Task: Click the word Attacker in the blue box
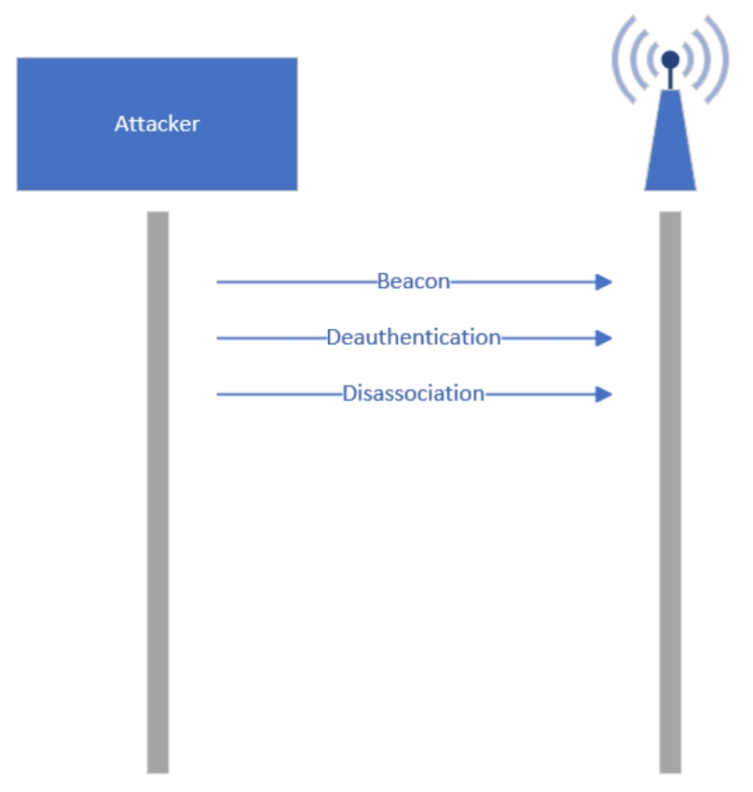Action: pos(157,124)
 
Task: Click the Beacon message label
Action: pos(413,281)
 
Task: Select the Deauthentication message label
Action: pos(414,337)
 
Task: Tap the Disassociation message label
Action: pos(414,393)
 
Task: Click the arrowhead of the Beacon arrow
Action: pos(604,281)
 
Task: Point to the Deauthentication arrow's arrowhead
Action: pos(604,338)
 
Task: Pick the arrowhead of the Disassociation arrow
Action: pos(604,394)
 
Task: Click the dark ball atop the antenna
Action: pos(670,60)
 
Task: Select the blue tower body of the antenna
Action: pos(670,146)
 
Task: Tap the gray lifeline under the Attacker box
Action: pos(158,492)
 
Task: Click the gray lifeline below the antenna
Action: pos(670,492)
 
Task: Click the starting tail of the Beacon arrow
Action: pos(218,281)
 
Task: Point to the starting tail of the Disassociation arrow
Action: pos(218,394)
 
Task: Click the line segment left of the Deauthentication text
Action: pos(272,338)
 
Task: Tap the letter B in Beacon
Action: pos(383,281)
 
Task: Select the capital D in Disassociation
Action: pos(349,393)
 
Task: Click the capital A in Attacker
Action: pos(122,124)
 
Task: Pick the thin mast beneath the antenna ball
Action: pos(670,79)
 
